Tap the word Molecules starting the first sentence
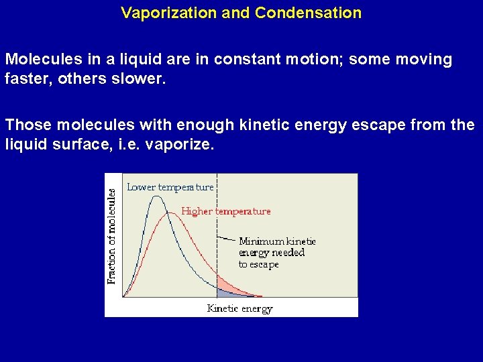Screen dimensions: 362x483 coord(38,60)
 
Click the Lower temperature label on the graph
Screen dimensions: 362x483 coord(170,187)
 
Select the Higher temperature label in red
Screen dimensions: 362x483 coord(226,211)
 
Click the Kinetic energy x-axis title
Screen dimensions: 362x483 coord(239,309)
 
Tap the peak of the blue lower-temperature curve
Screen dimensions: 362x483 coord(157,196)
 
